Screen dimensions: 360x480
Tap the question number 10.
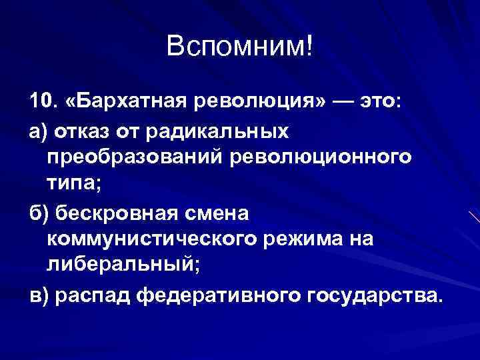42,102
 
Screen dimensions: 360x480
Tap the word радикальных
223,131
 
